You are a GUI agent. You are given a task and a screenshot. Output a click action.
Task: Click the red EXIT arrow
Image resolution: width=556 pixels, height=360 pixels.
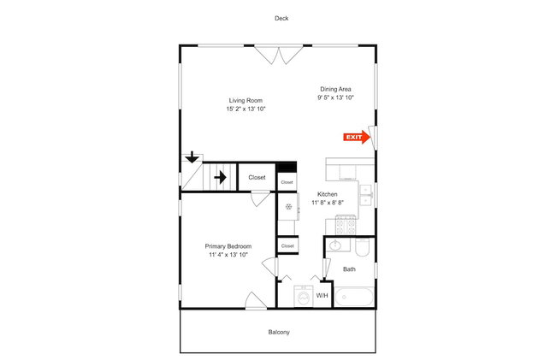[357, 137]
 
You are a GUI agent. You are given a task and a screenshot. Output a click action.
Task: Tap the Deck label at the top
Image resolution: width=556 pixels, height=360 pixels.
[281, 19]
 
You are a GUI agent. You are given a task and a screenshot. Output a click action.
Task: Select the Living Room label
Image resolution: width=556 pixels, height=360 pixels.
[245, 101]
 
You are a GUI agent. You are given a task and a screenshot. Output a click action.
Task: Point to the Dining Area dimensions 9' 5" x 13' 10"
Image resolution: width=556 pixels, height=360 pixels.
[336, 97]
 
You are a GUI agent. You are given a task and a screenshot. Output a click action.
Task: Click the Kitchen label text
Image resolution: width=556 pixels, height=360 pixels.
[328, 194]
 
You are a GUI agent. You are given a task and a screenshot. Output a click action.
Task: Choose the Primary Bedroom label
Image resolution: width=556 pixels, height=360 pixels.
[228, 246]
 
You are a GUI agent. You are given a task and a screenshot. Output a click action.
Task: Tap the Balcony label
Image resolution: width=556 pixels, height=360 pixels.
[279, 333]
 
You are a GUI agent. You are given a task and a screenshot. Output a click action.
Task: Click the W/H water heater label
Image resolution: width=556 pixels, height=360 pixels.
[322, 296]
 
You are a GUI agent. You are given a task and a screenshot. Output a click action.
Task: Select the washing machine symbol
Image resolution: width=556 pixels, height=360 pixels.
[303, 296]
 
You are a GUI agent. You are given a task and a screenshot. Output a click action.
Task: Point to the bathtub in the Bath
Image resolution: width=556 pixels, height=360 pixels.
[354, 297]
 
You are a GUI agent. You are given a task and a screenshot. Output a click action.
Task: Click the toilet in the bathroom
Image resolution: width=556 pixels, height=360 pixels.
[363, 247]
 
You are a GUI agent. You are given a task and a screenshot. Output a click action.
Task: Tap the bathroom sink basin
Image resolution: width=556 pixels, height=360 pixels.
[334, 245]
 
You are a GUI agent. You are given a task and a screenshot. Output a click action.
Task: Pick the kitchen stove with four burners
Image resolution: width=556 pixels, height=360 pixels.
[346, 225]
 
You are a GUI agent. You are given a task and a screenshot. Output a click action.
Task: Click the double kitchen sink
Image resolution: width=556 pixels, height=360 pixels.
[365, 195]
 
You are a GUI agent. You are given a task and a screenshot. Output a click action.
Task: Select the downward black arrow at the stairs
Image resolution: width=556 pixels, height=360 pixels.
[192, 157]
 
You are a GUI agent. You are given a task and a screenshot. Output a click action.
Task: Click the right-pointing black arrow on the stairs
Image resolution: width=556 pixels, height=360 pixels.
[220, 177]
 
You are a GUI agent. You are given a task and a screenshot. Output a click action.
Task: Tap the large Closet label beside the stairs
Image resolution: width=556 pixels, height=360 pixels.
[257, 178]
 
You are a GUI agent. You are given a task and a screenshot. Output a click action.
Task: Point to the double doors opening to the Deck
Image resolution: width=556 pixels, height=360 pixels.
[279, 54]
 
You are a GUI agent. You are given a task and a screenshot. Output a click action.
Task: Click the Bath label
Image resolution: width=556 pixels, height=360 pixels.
[349, 269]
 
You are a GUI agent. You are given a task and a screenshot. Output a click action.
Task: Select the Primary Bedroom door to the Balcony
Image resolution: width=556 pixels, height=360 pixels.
[256, 301]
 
